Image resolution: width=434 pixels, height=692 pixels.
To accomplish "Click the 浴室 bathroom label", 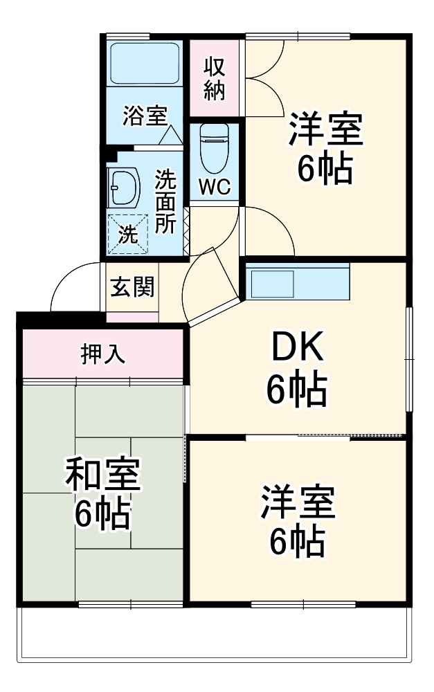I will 144,116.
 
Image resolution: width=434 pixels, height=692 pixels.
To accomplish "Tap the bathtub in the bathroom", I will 145,64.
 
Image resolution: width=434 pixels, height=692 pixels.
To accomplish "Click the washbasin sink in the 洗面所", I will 124,187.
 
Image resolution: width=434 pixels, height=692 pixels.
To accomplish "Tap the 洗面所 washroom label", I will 165,201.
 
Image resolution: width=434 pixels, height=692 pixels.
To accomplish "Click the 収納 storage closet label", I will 214,78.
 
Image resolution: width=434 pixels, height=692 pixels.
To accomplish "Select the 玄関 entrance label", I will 132,287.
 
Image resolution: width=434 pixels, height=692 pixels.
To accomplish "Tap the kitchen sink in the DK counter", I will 273,283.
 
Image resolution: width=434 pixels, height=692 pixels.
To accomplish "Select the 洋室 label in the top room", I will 325,129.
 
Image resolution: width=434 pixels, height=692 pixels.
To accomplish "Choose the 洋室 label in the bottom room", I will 298,503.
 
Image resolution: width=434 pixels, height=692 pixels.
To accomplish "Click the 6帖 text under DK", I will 297,392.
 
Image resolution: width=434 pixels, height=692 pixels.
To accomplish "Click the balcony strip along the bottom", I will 215,633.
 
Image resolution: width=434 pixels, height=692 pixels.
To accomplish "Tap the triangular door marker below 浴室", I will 168,135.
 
